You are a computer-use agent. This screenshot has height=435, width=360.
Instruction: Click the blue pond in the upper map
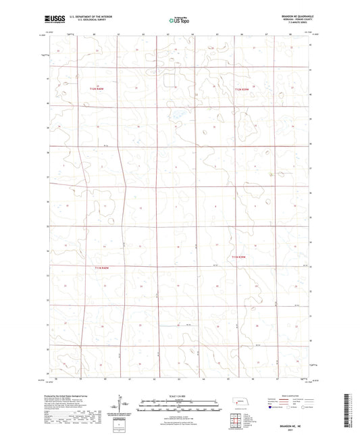(177, 115)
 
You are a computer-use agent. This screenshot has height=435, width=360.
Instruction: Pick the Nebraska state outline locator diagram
(240, 404)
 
